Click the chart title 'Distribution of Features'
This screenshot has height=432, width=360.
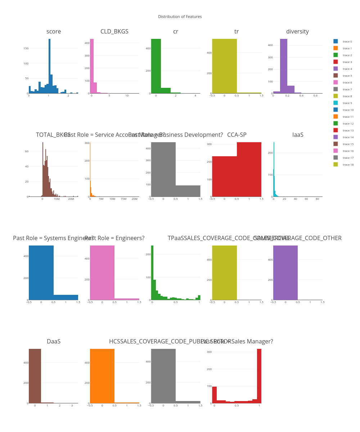pyautogui.click(x=180, y=17)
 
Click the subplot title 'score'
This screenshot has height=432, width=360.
pyautogui.click(x=54, y=32)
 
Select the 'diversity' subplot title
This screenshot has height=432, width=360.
pyautogui.click(x=297, y=32)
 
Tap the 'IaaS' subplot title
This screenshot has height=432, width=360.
pyautogui.click(x=298, y=135)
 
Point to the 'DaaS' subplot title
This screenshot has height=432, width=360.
pyautogui.click(x=54, y=342)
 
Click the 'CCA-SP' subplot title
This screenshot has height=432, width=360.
pyautogui.click(x=237, y=135)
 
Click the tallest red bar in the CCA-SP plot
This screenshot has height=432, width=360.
pyautogui.click(x=249, y=169)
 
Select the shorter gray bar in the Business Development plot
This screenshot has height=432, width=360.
pyautogui.click(x=188, y=191)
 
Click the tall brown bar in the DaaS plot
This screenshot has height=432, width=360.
pyautogui.click(x=35, y=376)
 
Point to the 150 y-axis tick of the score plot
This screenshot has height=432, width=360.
pyautogui.click(x=26, y=48)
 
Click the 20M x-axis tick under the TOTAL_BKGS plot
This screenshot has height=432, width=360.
pyautogui.click(x=71, y=199)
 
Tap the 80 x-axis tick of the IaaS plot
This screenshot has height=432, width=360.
pyautogui.click(x=317, y=199)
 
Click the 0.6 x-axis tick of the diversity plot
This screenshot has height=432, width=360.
pyautogui.click(x=315, y=96)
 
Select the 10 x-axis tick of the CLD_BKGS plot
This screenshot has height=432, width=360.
pyautogui.click(x=127, y=96)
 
